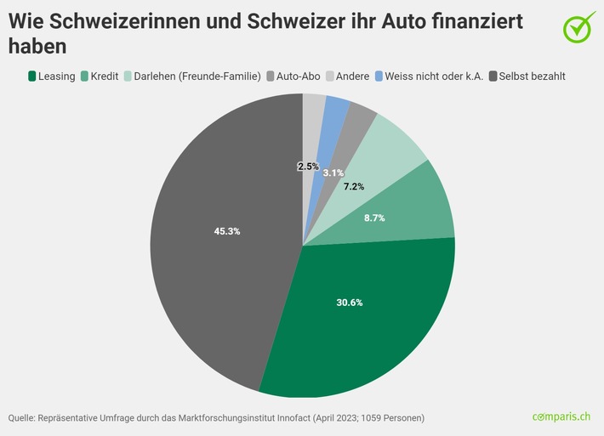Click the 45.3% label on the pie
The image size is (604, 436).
[226, 231]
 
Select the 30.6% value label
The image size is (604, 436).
[349, 303]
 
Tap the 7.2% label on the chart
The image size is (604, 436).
[353, 185]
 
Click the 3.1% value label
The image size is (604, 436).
[333, 173]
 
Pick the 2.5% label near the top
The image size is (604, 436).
[308, 167]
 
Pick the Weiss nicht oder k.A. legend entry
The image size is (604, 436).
[433, 76]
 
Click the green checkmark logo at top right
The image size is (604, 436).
[579, 25]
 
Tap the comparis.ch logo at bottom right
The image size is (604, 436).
[561, 417]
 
